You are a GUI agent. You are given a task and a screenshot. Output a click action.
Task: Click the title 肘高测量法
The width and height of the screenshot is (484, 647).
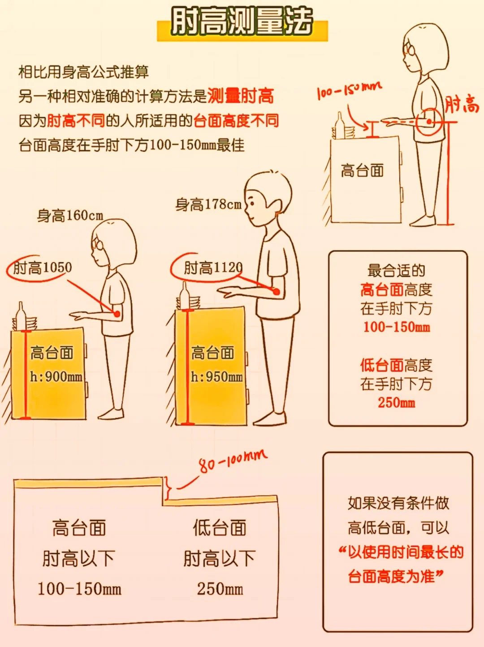click(242, 21)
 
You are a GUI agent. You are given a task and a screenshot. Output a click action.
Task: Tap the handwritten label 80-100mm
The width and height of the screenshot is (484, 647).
click(233, 460)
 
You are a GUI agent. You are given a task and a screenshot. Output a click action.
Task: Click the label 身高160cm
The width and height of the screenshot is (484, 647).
click(70, 216)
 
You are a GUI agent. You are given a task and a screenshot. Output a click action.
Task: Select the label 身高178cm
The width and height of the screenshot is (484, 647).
click(209, 205)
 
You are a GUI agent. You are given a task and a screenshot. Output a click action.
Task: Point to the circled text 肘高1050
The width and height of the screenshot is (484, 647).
click(43, 267)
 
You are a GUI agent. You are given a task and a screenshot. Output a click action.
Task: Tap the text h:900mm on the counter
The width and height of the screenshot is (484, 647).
click(56, 377)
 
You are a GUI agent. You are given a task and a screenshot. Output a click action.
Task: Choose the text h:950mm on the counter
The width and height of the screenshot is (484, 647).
click(217, 377)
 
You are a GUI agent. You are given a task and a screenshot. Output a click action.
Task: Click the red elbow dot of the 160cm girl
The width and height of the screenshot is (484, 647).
click(117, 314)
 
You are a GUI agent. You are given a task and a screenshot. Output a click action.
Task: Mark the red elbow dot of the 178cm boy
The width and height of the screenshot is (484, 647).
click(276, 292)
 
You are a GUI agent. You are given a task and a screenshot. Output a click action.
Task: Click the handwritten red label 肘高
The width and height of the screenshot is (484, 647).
click(462, 104)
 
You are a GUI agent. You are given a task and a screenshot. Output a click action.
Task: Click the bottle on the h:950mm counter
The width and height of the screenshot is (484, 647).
click(185, 295)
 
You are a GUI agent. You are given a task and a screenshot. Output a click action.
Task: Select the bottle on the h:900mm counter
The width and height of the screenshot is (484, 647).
click(20, 316)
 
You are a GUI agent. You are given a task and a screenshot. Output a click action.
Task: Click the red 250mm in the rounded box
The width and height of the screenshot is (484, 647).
click(397, 403)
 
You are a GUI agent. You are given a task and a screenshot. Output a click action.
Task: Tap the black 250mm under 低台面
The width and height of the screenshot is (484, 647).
click(220, 589)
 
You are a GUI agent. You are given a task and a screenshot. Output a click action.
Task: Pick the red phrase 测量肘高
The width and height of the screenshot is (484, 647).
click(241, 96)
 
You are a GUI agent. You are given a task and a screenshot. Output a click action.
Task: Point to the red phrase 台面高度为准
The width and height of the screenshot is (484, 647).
click(392, 577)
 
